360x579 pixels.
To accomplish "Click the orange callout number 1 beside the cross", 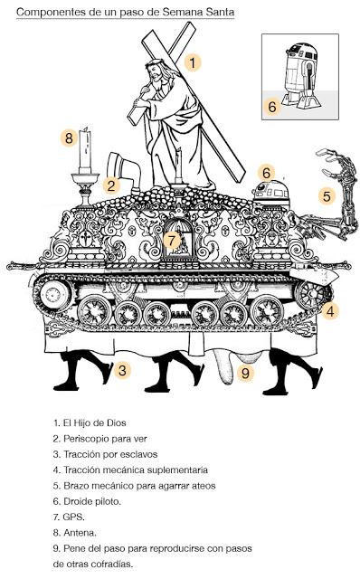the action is click(193, 62).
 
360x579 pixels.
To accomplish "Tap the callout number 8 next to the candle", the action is click(69, 138).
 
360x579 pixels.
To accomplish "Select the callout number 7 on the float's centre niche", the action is click(172, 241).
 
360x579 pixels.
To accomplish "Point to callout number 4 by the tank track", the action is click(330, 311).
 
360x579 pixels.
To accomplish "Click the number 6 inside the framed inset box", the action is click(272, 107).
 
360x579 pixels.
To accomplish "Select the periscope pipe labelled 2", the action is click(124, 172).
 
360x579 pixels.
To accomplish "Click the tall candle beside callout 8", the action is click(85, 150).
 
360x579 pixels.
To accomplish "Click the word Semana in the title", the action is click(181, 12).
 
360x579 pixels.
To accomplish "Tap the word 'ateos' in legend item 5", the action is click(204, 486).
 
